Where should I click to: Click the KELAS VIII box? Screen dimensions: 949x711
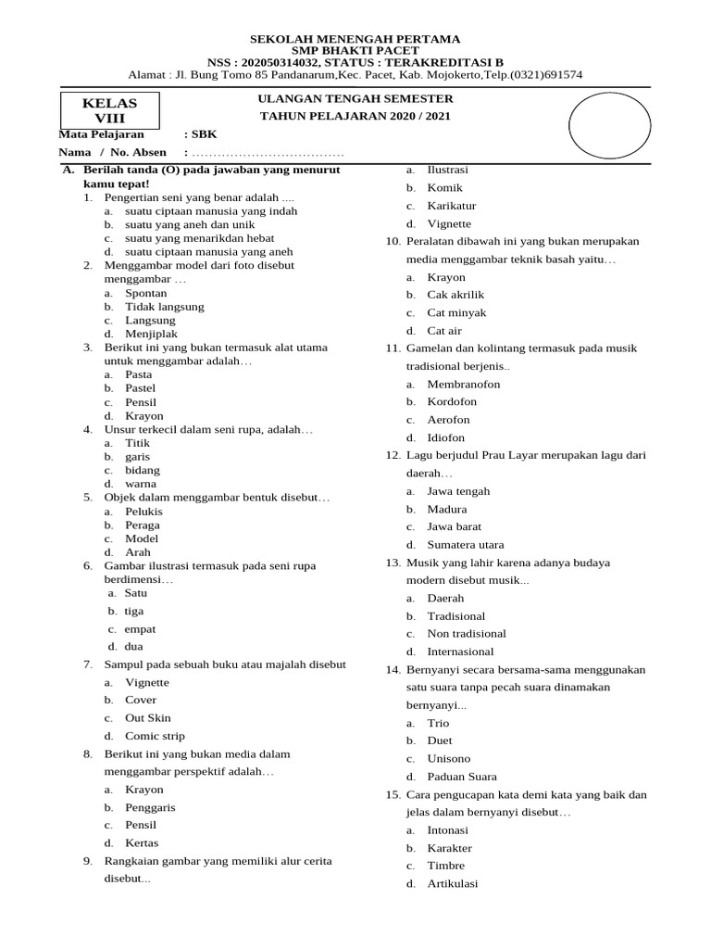pyautogui.click(x=110, y=110)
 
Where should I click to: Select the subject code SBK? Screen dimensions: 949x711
pyautogui.click(x=204, y=134)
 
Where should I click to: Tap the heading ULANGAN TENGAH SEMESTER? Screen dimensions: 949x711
pyautogui.click(x=355, y=99)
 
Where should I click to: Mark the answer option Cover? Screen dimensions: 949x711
pyautogui.click(x=141, y=700)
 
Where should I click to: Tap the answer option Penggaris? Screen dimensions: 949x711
pyautogui.click(x=150, y=807)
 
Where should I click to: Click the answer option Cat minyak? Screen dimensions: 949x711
pyautogui.click(x=456, y=313)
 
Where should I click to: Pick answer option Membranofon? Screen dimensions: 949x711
pyautogui.click(x=464, y=384)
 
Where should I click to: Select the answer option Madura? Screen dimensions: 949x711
pyautogui.click(x=447, y=509)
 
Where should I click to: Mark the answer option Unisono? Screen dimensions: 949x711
pyautogui.click(x=449, y=759)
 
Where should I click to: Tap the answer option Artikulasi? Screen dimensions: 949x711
pyautogui.click(x=453, y=883)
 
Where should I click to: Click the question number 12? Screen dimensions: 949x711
pyautogui.click(x=392, y=455)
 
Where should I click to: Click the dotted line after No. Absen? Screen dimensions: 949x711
pyautogui.click(x=267, y=153)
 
